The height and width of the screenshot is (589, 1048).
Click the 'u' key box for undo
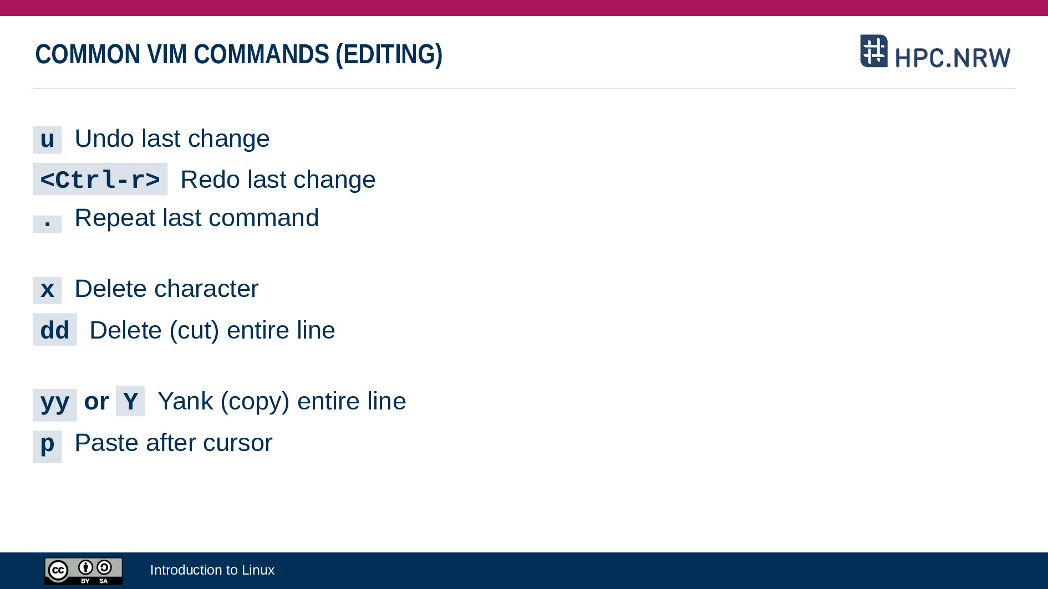click(x=47, y=140)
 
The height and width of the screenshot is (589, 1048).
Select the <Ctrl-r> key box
click(x=100, y=179)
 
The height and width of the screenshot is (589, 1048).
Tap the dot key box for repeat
click(x=47, y=223)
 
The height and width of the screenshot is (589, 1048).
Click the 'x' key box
click(x=47, y=290)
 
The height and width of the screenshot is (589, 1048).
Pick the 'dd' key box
click(x=54, y=330)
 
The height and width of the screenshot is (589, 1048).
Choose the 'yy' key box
click(x=54, y=404)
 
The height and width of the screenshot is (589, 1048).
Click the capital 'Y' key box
click(x=130, y=401)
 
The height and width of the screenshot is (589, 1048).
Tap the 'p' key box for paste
click(x=47, y=447)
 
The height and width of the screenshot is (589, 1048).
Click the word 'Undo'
click(x=105, y=139)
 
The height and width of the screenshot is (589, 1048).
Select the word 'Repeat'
click(x=115, y=218)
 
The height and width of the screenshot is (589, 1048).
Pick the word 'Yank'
click(x=185, y=401)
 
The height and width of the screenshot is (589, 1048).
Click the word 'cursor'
click(x=237, y=443)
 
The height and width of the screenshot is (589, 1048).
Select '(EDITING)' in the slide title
click(x=389, y=54)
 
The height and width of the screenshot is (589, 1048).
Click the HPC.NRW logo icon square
click(x=874, y=51)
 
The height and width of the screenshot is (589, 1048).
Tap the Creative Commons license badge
click(x=83, y=571)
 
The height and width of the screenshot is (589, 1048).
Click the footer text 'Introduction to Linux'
click(x=212, y=570)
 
